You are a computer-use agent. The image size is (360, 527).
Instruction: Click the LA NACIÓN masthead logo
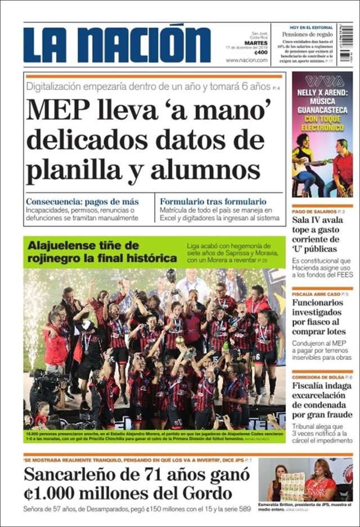(117, 43)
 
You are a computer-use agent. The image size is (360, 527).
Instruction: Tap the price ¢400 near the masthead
(260, 52)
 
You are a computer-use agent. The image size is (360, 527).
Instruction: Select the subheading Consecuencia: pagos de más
(82, 201)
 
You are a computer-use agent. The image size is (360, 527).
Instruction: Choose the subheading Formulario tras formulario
(213, 201)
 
